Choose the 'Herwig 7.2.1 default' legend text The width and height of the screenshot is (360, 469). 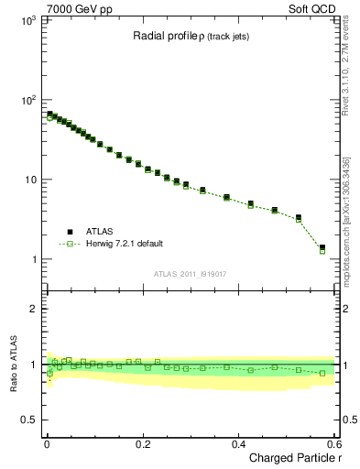125,244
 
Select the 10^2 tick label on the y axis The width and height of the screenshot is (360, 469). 28,100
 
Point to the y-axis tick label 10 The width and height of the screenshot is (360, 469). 30,180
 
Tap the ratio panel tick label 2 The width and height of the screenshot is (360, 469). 36,309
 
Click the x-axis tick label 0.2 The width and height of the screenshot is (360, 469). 143,443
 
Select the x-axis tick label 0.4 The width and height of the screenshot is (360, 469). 239,443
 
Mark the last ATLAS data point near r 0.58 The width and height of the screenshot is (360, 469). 322,247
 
